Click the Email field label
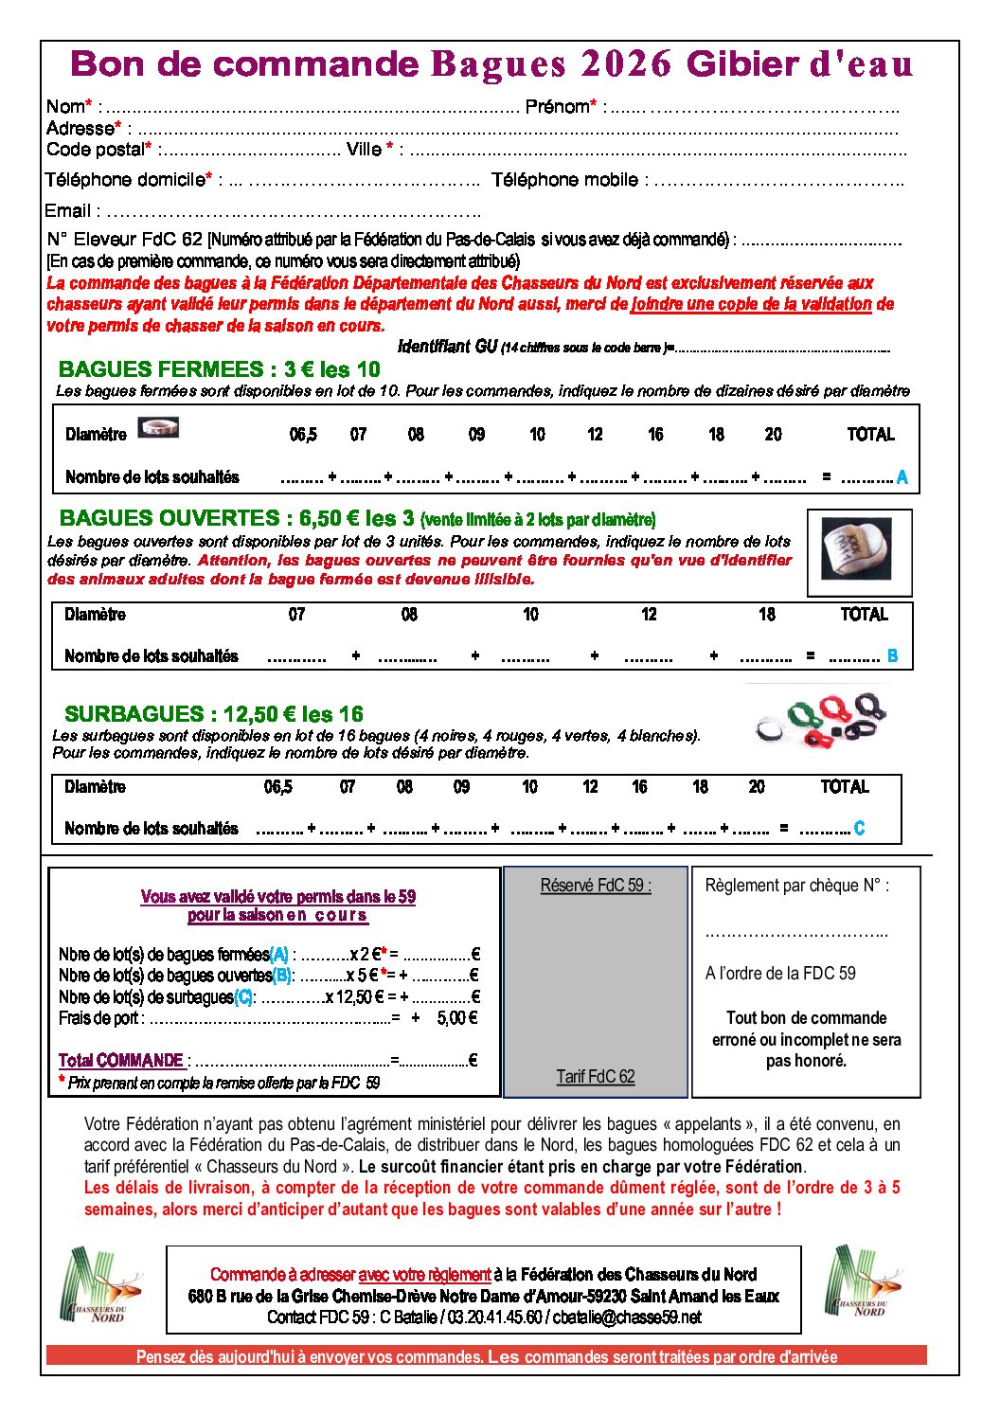click(x=67, y=211)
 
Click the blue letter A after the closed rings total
click(x=902, y=477)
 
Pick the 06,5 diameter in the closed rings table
click(x=303, y=435)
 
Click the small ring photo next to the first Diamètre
click(x=158, y=428)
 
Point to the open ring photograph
click(x=858, y=551)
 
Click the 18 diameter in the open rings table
click(x=767, y=615)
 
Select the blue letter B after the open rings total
click(x=892, y=655)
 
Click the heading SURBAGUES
click(x=134, y=714)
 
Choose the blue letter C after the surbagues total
click(x=859, y=829)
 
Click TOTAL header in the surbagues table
click(x=845, y=787)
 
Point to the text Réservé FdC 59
click(x=596, y=886)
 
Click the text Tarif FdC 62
click(x=596, y=1076)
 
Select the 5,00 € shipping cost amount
click(x=457, y=1018)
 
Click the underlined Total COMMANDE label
click(x=121, y=1061)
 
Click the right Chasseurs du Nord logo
click(x=864, y=1283)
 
